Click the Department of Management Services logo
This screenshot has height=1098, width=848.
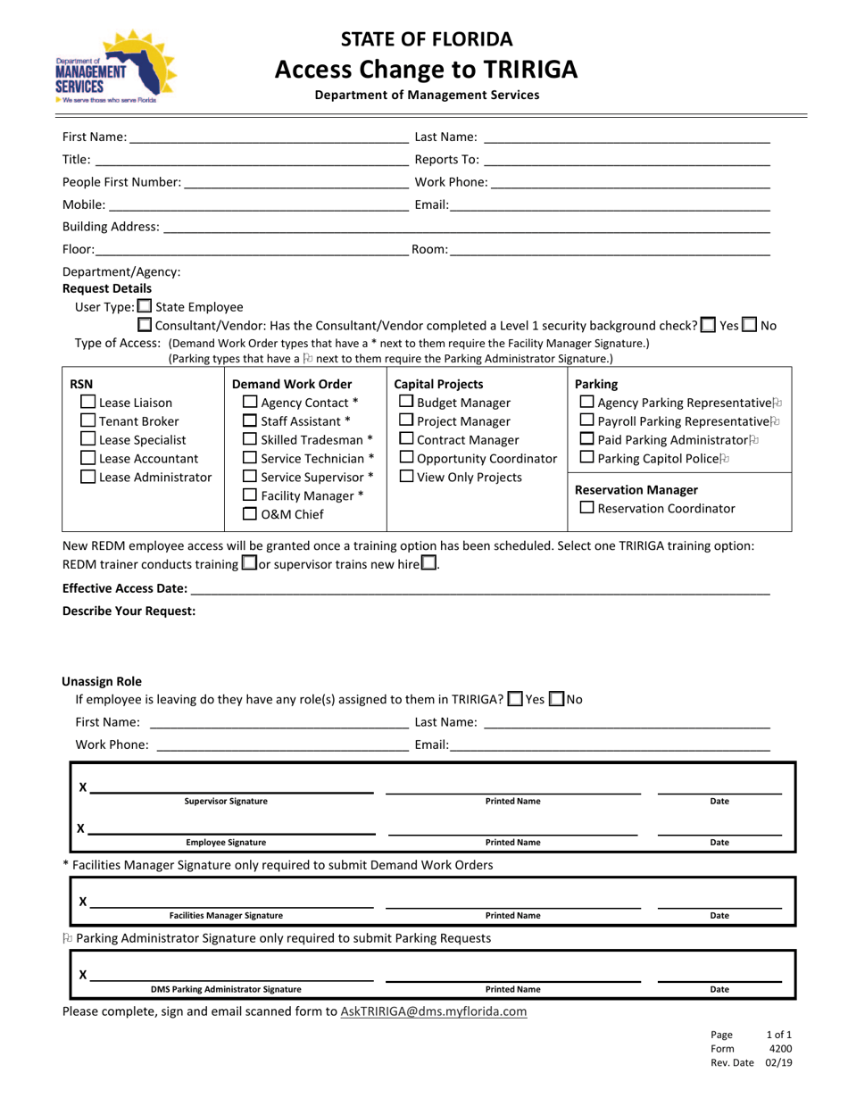click(x=114, y=68)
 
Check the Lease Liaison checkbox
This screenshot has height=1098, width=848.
click(x=88, y=403)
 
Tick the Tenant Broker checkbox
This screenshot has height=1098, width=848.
click(x=88, y=421)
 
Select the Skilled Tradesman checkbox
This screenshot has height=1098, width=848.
click(x=251, y=440)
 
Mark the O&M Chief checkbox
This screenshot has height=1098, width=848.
click(x=251, y=514)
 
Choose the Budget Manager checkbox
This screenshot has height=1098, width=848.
click(x=406, y=403)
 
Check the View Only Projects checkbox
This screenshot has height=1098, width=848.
click(x=406, y=477)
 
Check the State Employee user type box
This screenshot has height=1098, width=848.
click(x=144, y=307)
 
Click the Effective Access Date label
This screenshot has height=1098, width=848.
click(x=125, y=589)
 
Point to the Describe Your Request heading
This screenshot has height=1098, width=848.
click(x=129, y=611)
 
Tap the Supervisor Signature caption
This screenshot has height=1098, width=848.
click(x=226, y=802)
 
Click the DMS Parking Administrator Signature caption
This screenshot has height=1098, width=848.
click(x=226, y=989)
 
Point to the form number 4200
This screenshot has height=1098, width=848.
click(x=780, y=1049)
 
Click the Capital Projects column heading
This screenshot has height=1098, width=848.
click(x=439, y=385)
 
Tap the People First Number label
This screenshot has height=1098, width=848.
click(x=121, y=183)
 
